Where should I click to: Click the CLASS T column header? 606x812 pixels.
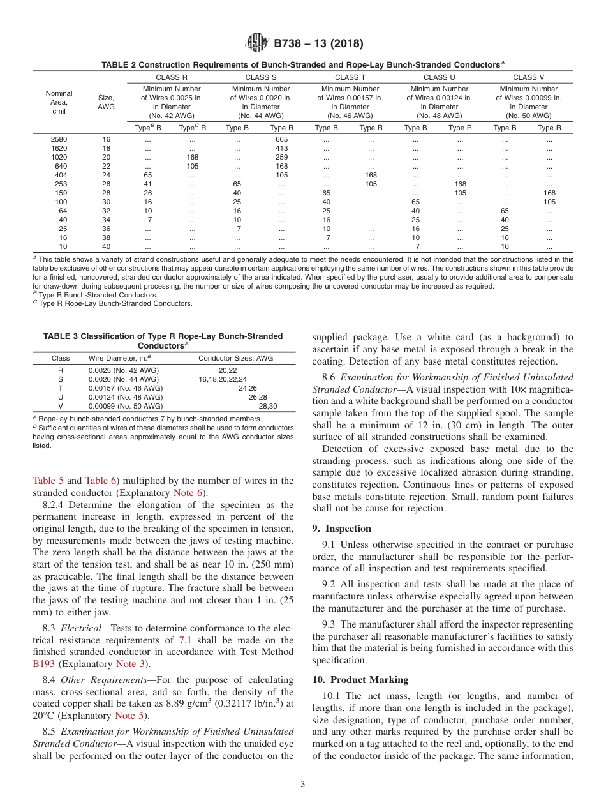pyautogui.click(x=350, y=77)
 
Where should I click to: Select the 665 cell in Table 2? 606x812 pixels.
pyautogui.click(x=281, y=139)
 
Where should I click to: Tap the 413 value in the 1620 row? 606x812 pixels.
pyautogui.click(x=281, y=148)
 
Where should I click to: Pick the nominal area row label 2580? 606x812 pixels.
pyautogui.click(x=59, y=139)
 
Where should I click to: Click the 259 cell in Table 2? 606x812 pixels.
pyautogui.click(x=281, y=157)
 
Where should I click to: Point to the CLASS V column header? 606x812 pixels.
pyautogui.click(x=528, y=77)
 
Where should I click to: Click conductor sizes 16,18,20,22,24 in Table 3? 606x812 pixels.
pyautogui.click(x=223, y=379)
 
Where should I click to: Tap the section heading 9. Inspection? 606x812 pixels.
pyautogui.click(x=341, y=529)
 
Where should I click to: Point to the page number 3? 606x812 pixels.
pyautogui.click(x=303, y=784)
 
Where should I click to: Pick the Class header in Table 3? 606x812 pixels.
pyautogui.click(x=61, y=358)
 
